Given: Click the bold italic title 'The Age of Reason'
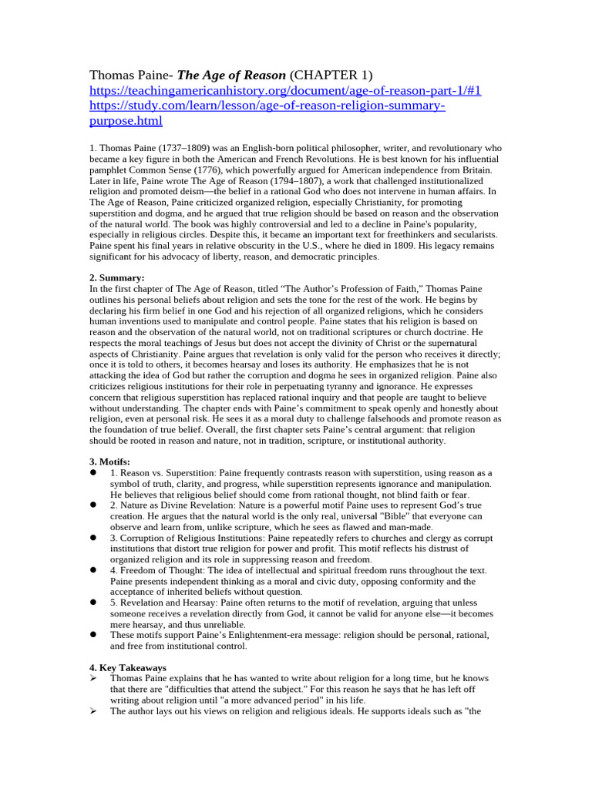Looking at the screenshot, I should [232, 75].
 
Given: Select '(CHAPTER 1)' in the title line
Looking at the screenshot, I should [331, 75].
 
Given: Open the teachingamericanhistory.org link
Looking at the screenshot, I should [285, 90].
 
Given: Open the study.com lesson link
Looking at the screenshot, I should [267, 106].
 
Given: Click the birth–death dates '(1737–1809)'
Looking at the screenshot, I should [186, 147].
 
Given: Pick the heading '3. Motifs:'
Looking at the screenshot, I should [113, 462].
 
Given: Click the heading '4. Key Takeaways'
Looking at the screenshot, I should [128, 667].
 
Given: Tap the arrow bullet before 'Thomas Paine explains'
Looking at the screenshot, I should [93, 678].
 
